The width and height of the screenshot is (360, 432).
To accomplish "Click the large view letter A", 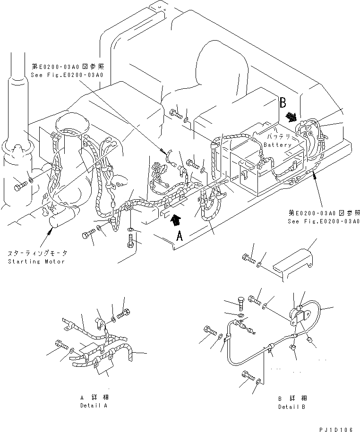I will click(x=179, y=237).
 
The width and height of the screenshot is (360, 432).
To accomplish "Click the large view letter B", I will click(x=283, y=102).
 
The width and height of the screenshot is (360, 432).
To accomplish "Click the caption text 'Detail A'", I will click(x=94, y=406).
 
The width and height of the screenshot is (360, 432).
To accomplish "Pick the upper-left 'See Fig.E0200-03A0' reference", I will click(x=67, y=75).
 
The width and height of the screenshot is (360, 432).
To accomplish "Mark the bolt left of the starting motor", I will click(x=19, y=186).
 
